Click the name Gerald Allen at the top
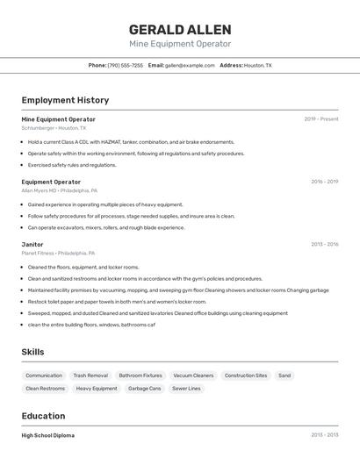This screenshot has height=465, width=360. [180, 29]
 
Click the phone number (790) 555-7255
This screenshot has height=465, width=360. [125, 65]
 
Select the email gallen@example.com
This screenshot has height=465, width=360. [190, 65]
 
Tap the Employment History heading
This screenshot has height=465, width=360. [65, 100]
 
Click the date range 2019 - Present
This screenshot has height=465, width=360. [321, 119]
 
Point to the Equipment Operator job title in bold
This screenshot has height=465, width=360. [51, 182]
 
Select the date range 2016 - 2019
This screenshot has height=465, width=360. [324, 182]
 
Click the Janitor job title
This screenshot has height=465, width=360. [32, 244]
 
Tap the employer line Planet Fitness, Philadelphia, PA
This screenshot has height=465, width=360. [58, 253]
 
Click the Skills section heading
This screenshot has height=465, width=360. [33, 352]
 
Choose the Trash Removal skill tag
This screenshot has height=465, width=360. [90, 376]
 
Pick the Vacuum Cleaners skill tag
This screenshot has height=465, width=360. [193, 376]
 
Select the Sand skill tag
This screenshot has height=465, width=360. [284, 376]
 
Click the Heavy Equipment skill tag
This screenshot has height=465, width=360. [97, 388]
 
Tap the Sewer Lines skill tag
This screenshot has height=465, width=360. [186, 388]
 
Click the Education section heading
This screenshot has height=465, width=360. [43, 416]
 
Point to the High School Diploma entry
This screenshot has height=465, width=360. [48, 435]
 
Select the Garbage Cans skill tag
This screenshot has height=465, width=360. [145, 388]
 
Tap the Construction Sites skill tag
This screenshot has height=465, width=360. [246, 376]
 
